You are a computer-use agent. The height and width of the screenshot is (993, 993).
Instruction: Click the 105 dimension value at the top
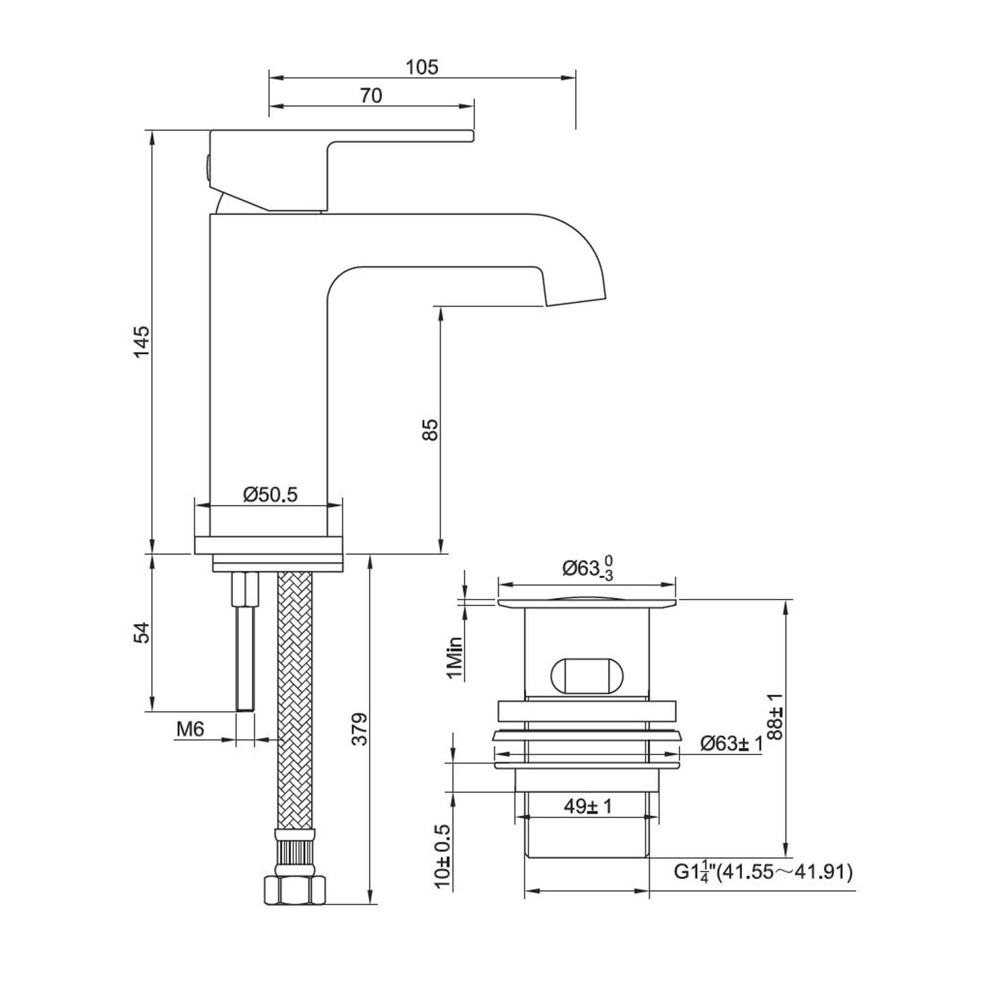click(x=422, y=68)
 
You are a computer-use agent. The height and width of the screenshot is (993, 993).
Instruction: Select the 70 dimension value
click(x=370, y=96)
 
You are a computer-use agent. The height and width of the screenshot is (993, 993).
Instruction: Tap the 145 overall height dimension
click(x=142, y=341)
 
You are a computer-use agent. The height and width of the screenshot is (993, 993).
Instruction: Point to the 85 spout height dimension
click(x=430, y=429)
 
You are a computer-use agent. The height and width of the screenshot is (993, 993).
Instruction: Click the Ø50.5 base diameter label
click(x=271, y=495)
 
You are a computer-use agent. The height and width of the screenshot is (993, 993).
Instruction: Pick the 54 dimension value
click(x=142, y=633)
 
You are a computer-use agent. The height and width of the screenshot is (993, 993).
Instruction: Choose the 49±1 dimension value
click(x=588, y=806)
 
